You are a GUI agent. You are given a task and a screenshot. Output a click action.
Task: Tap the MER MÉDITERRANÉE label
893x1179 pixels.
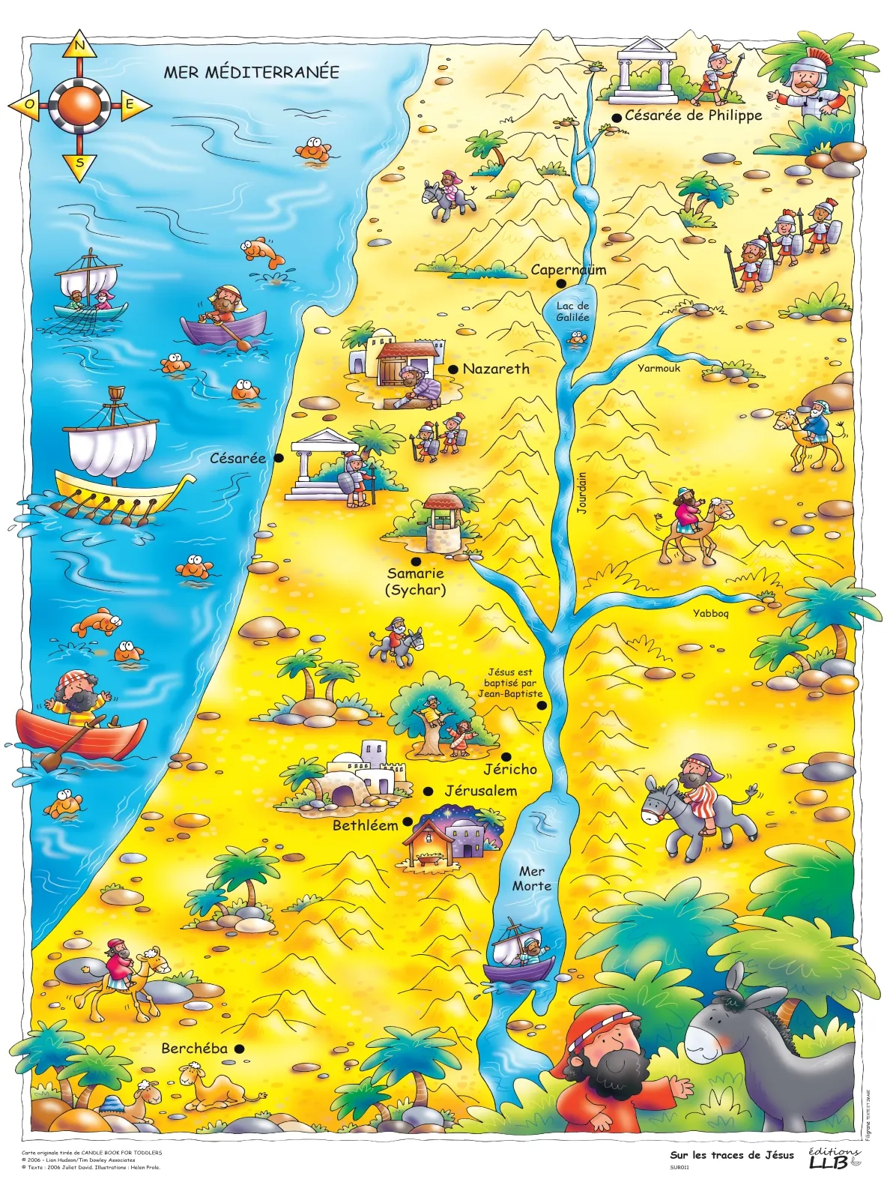[251, 73]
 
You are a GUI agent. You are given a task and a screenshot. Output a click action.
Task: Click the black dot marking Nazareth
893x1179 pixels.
[453, 370]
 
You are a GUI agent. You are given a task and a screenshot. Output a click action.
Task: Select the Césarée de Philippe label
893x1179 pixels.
[693, 115]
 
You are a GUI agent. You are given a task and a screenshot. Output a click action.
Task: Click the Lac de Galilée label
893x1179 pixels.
[572, 311]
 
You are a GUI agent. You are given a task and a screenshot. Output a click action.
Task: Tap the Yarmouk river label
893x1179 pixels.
[659, 368]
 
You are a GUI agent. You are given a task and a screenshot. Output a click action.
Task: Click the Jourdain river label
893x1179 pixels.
[582, 492]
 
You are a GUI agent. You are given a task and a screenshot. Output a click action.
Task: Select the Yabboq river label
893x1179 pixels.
[710, 613]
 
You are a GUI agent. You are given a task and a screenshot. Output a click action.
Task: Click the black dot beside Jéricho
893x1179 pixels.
[506, 757]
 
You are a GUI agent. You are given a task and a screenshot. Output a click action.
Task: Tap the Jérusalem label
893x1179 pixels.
[480, 791]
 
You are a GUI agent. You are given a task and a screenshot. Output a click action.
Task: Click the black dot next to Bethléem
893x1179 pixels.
[408, 821]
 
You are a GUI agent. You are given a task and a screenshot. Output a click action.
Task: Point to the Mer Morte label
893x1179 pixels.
[531, 878]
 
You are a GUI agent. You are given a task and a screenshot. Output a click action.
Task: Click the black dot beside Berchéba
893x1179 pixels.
[239, 1049]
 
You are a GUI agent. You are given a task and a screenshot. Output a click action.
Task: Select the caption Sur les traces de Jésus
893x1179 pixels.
[731, 1155]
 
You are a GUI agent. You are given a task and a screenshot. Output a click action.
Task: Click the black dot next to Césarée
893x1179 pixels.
[279, 458]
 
